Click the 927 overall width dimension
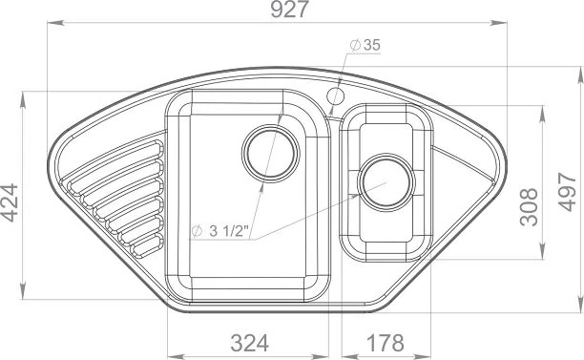(x=289, y=10)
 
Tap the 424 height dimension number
(x=9, y=202)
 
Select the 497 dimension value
(x=567, y=192)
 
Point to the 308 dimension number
(x=529, y=207)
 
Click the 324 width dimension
(x=250, y=343)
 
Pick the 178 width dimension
(x=386, y=343)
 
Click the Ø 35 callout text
(x=365, y=45)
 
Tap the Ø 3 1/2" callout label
(x=219, y=231)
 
